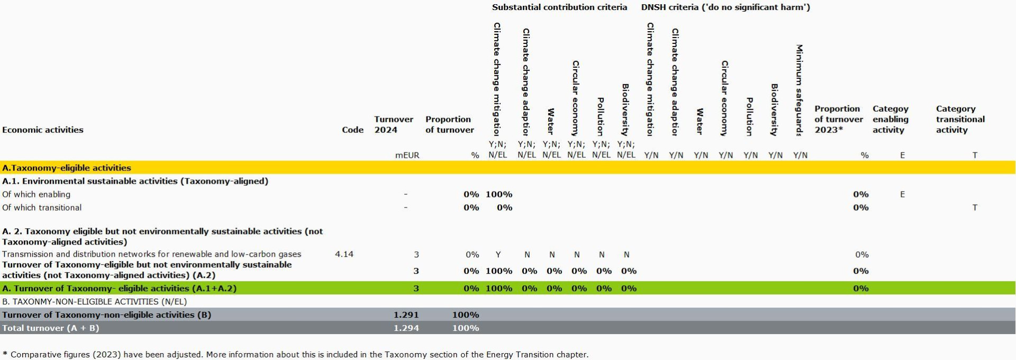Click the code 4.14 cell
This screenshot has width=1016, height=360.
344,254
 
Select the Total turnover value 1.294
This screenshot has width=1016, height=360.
406,328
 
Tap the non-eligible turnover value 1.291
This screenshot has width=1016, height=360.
406,314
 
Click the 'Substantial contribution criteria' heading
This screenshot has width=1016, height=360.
559,7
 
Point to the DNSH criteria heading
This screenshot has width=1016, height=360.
725,7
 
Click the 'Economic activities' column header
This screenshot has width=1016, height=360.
43,130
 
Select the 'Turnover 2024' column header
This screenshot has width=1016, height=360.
393,124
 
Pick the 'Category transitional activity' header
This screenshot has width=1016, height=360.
960,119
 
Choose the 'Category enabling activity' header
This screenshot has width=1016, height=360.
890,119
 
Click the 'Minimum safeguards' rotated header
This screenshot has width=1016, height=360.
800,90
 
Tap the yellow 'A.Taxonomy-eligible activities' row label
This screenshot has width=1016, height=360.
67,168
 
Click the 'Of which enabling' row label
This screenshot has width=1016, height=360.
36,194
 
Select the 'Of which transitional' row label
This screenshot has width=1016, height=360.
42,208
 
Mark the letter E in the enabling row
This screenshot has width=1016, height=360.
902,194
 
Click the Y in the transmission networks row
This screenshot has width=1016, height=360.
498,255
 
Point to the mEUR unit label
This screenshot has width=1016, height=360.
407,155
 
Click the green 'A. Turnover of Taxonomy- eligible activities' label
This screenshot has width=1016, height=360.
119,288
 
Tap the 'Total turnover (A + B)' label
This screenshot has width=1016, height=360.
50,328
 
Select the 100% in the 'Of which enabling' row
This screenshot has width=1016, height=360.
498,194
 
